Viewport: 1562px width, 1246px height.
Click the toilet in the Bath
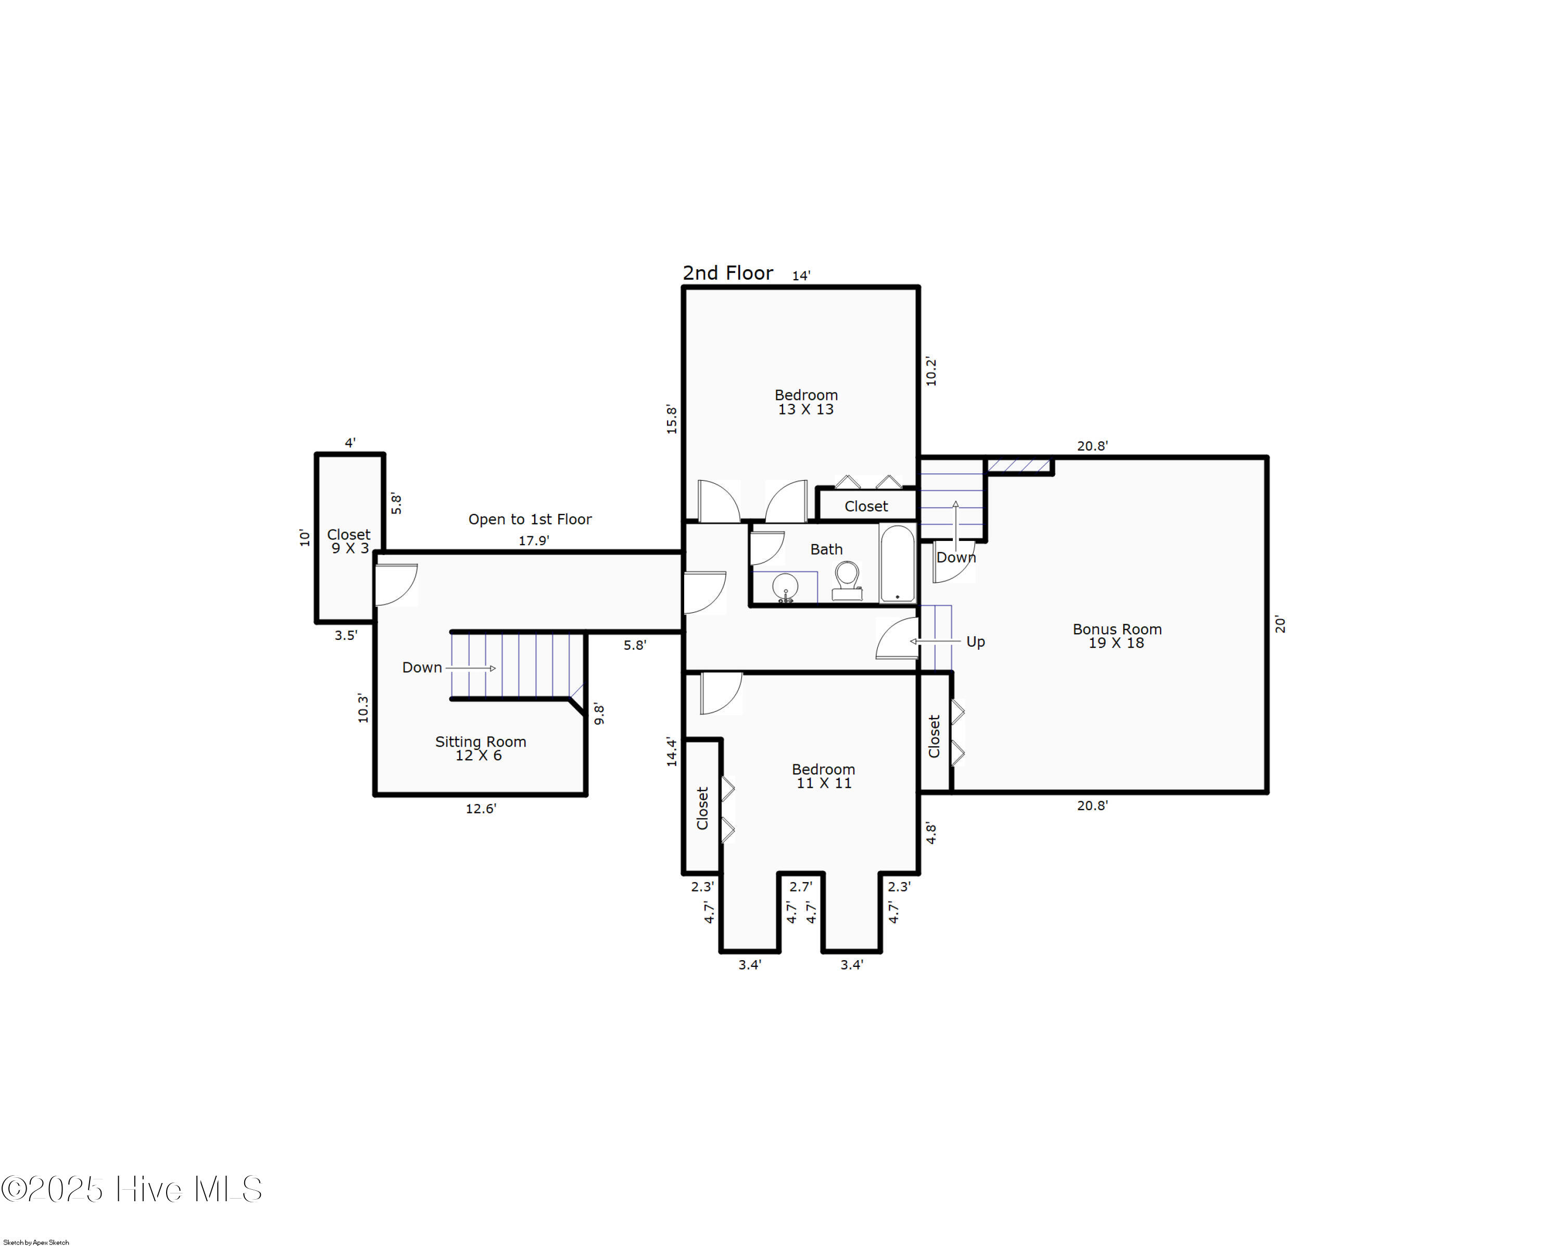846,582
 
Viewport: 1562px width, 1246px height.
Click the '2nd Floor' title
727,273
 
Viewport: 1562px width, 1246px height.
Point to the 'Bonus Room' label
1116,630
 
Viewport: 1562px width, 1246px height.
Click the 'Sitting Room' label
481,742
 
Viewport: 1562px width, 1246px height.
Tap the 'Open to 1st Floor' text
530,520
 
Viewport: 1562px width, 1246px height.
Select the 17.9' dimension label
533,540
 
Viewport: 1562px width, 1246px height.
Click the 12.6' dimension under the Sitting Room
481,809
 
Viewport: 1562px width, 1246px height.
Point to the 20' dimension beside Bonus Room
1280,624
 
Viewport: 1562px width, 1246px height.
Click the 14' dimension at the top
801,275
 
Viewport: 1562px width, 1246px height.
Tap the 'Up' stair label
975,642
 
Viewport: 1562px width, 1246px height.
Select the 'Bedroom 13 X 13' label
805,402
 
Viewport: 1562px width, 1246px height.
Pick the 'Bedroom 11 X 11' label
823,776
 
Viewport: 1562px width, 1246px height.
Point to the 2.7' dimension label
801,887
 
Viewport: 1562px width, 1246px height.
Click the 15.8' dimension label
672,420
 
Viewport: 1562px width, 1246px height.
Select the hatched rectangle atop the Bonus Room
1019,465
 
